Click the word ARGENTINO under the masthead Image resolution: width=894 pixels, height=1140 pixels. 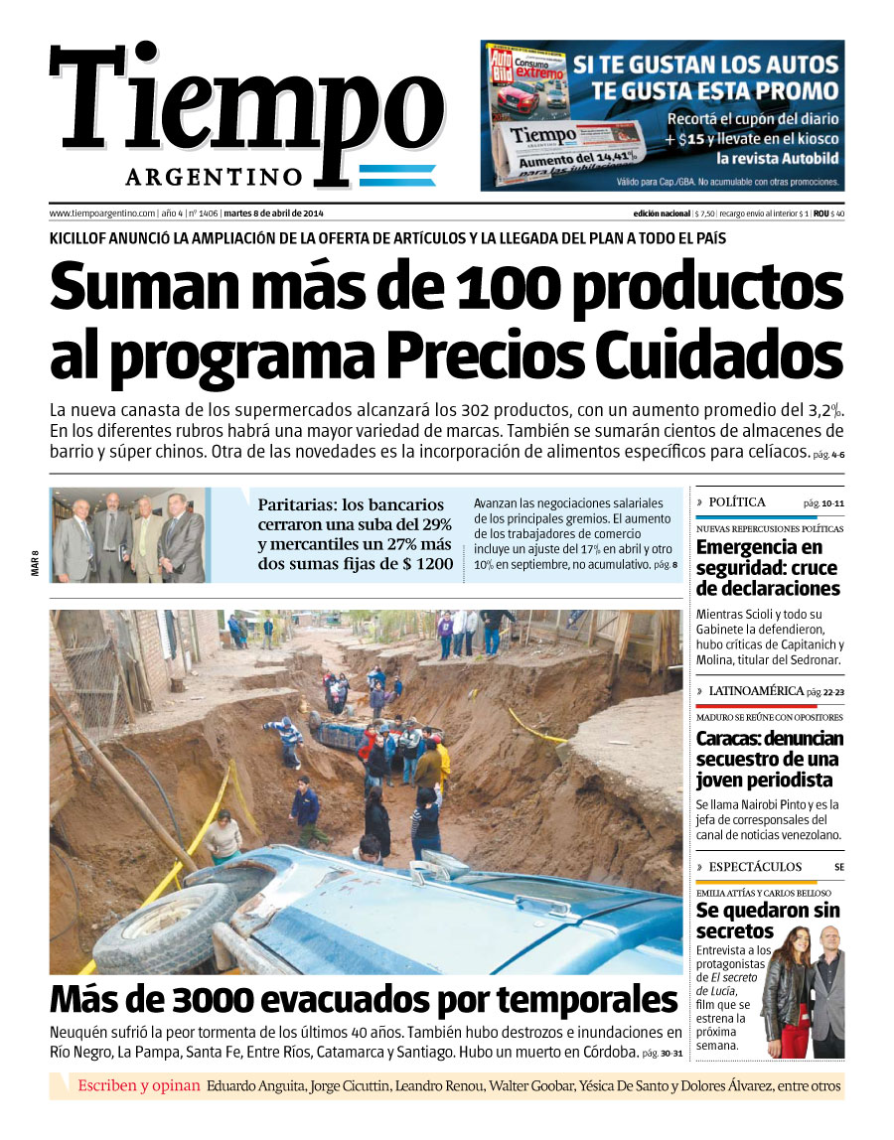[214, 177]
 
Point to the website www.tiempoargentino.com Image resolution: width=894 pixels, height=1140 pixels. [102, 214]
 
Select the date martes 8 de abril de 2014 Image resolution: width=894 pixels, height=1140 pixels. [274, 214]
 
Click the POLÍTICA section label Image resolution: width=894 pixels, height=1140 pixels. [737, 502]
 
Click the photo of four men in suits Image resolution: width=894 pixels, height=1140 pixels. [129, 534]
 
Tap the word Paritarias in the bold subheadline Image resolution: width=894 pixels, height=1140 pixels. [297, 504]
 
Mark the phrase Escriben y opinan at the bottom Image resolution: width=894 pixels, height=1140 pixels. [139, 1085]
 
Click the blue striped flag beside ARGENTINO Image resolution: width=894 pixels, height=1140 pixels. [396, 177]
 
